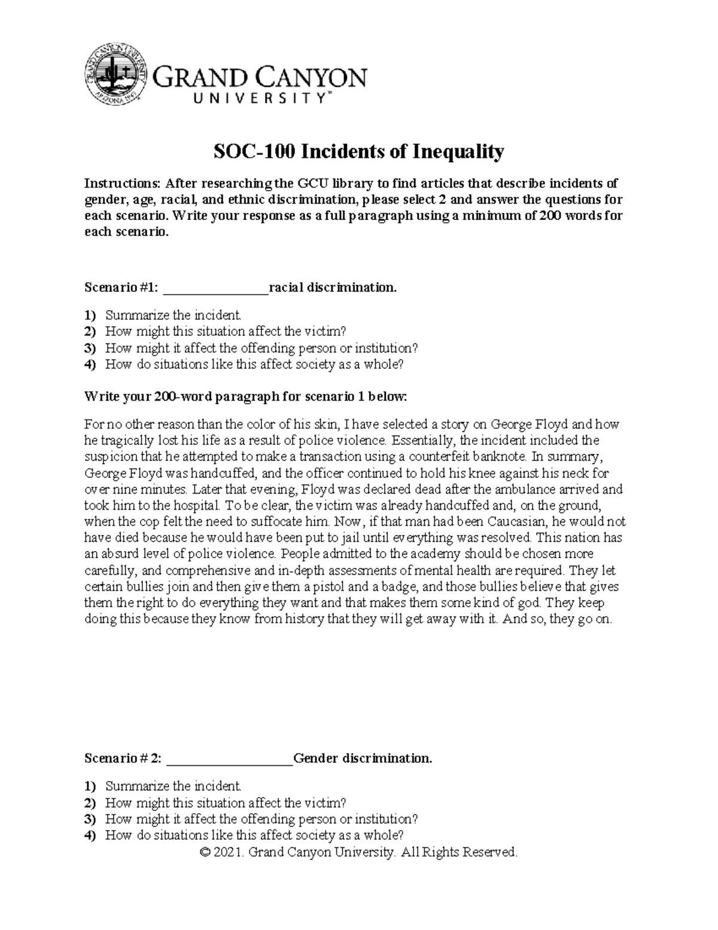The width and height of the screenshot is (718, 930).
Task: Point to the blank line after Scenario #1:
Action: pos(215,288)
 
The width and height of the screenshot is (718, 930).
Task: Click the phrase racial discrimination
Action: pos(333,288)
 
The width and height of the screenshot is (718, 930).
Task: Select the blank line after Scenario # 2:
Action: pos(229,759)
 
